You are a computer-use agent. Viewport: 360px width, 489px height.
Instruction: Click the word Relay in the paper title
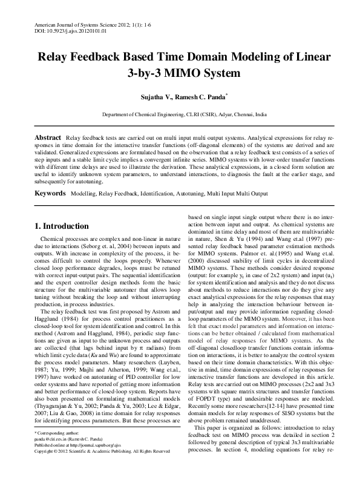point(56,57)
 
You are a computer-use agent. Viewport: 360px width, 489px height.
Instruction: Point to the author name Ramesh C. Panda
point(202,97)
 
